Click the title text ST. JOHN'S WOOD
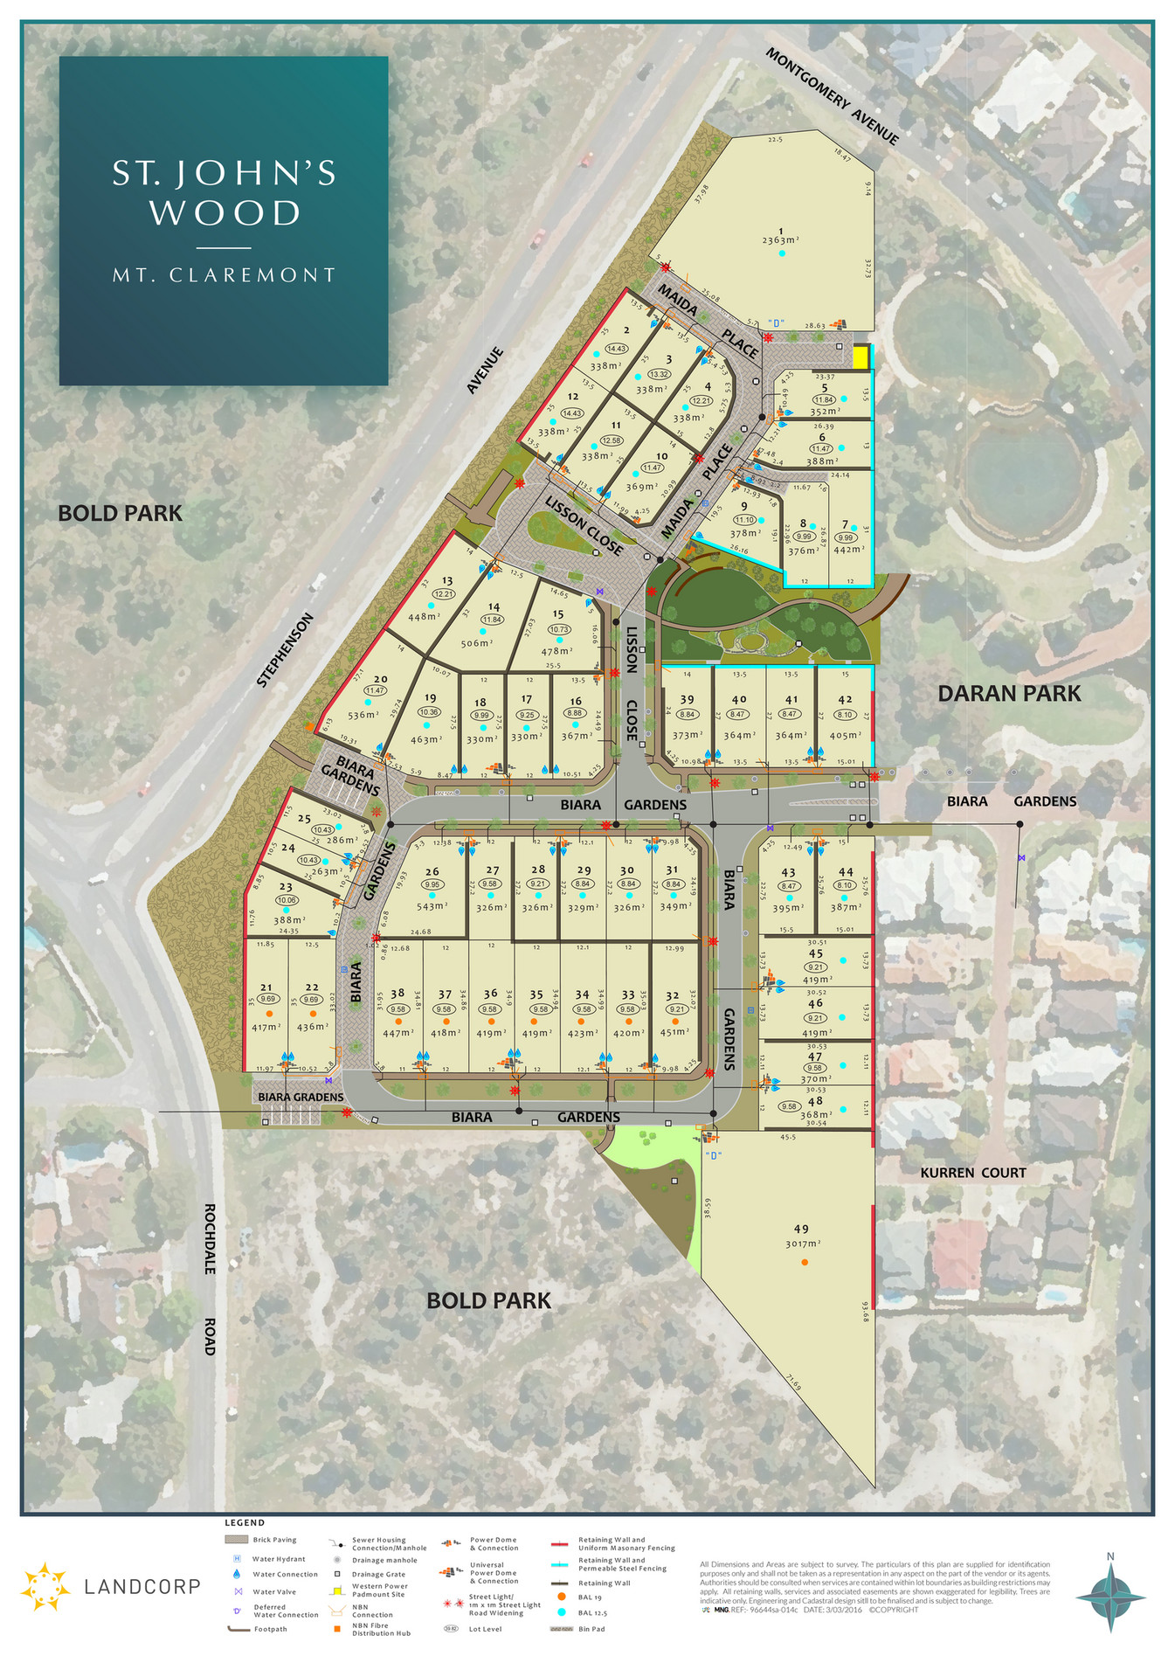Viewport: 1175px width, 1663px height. click(225, 193)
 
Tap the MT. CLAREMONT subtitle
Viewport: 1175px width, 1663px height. click(225, 275)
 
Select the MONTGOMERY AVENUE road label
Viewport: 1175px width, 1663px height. click(832, 96)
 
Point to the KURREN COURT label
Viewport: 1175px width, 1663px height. click(972, 1173)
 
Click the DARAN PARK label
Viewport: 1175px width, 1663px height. click(1009, 694)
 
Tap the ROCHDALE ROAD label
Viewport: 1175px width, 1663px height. click(210, 1279)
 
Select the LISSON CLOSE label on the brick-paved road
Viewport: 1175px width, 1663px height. click(584, 525)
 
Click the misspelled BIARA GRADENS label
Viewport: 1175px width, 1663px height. click(301, 1097)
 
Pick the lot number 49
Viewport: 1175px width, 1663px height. click(801, 1229)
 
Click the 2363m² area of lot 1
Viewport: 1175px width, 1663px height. click(781, 240)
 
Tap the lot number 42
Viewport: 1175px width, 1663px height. click(845, 699)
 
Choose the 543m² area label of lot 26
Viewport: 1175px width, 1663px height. click(432, 906)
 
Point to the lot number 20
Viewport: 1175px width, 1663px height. click(380, 679)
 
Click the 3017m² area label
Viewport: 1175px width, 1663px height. click(803, 1244)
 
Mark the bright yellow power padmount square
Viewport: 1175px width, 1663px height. click(861, 357)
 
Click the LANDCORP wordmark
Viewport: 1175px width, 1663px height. click(142, 1586)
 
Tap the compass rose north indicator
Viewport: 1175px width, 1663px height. click(1110, 1595)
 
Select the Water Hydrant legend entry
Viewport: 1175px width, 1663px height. click(279, 1559)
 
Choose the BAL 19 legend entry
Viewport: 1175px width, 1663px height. click(591, 1597)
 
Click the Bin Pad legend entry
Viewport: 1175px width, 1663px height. click(591, 1629)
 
